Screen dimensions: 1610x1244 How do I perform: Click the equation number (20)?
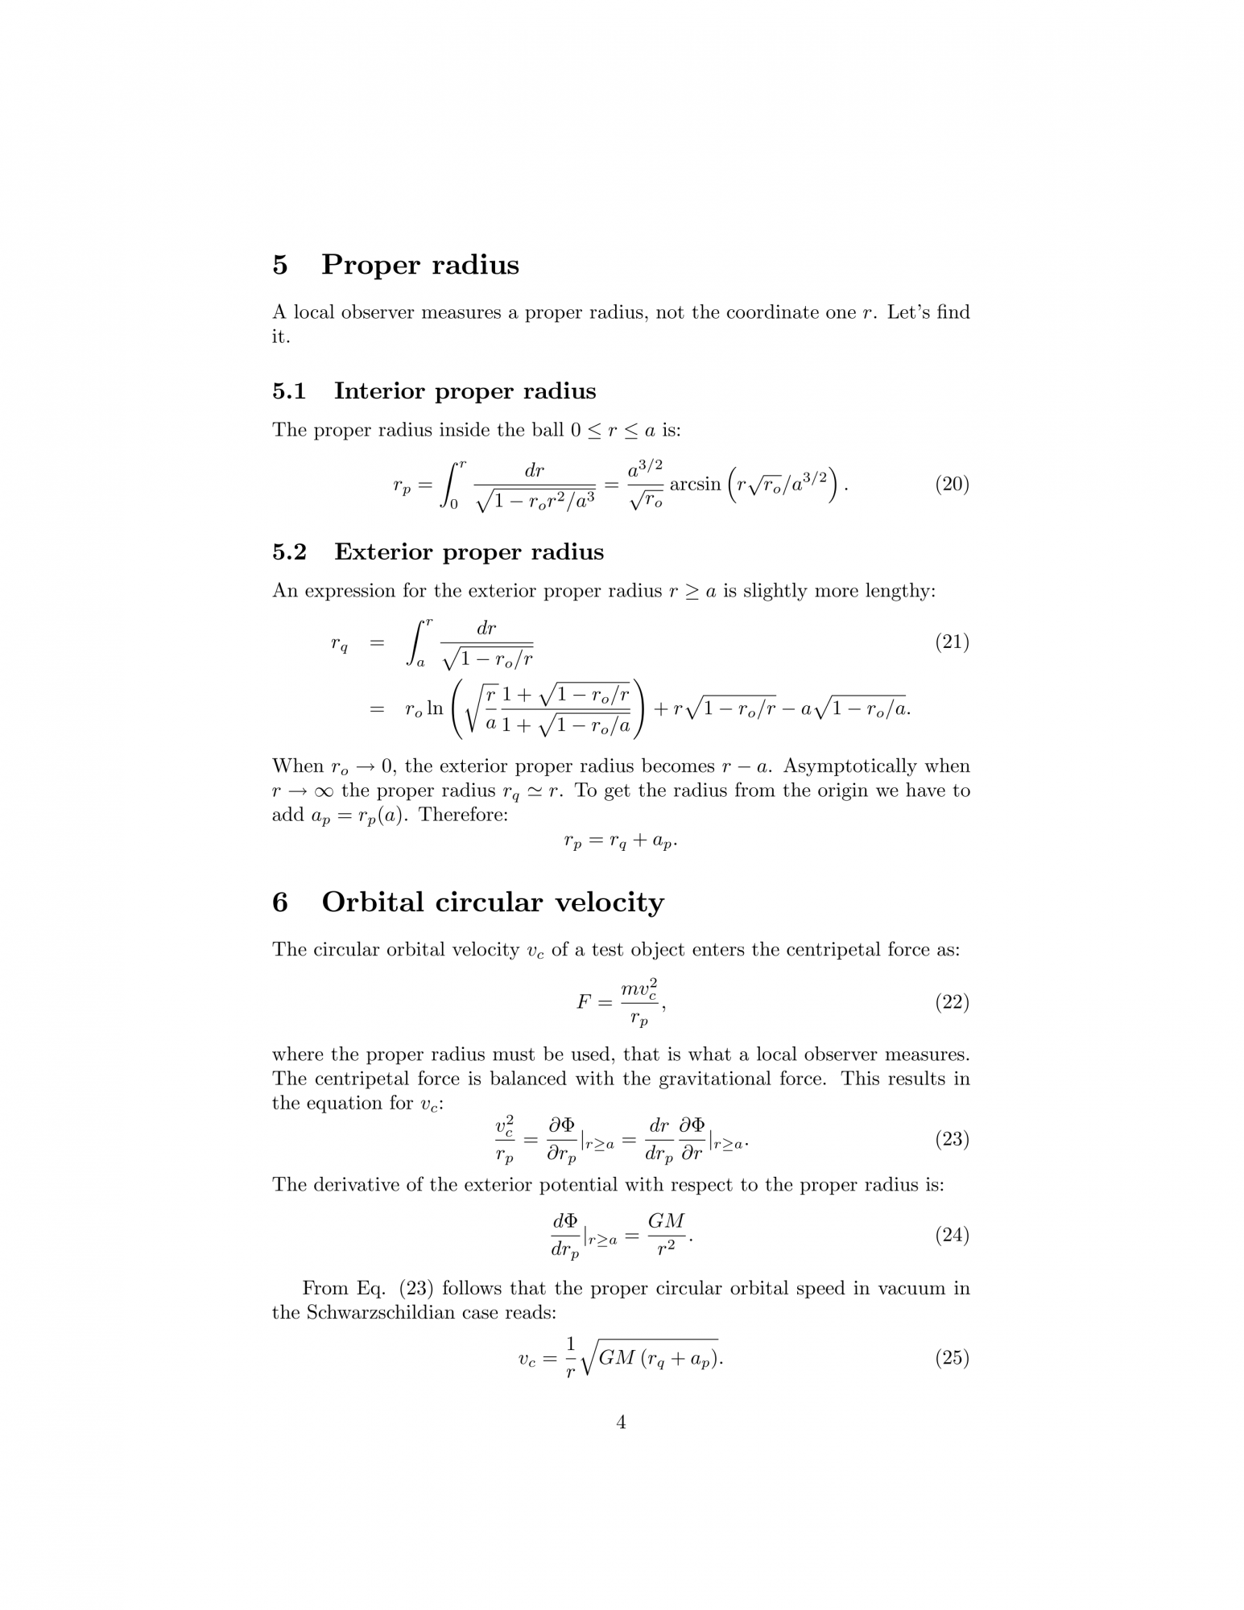point(951,485)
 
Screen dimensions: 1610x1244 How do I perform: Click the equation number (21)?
point(951,642)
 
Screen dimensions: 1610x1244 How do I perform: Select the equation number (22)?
point(951,1003)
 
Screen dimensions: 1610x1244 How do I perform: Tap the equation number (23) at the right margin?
point(951,1140)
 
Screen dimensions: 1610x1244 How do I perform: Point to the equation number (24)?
point(951,1236)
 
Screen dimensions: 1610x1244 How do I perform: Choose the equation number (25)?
point(951,1359)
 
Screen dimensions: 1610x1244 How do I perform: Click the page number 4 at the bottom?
point(621,1445)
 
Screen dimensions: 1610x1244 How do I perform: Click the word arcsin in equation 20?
point(695,485)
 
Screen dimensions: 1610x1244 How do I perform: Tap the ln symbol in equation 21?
point(435,708)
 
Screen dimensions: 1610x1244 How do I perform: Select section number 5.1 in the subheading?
point(289,391)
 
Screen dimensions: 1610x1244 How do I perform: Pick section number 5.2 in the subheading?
point(289,552)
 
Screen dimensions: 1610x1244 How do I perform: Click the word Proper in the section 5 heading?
point(373,265)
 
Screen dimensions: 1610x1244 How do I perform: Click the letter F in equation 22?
point(585,1002)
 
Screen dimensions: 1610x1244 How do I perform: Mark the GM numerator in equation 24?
point(666,1221)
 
